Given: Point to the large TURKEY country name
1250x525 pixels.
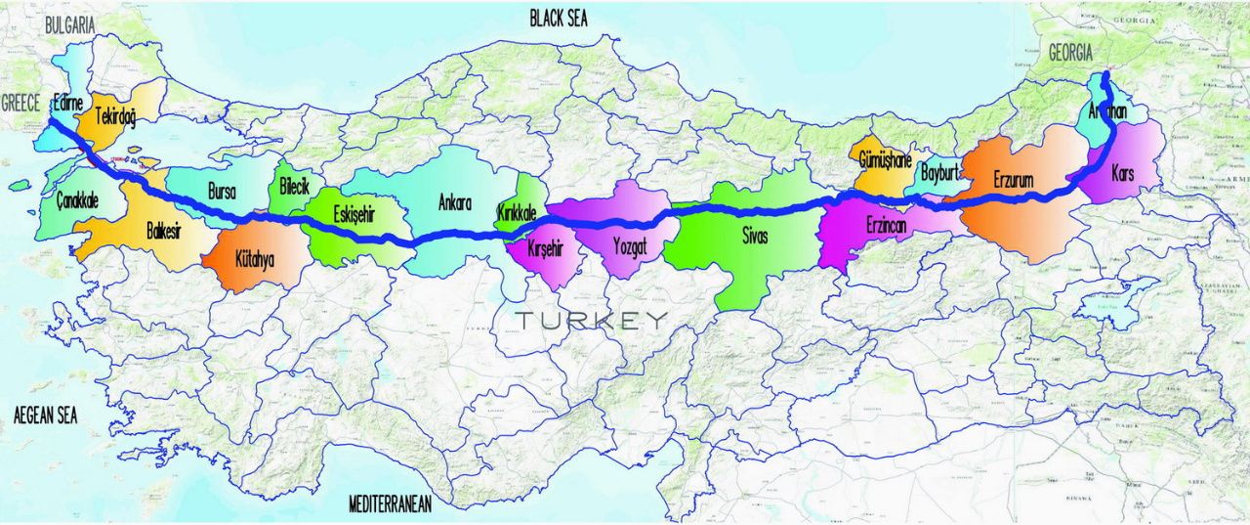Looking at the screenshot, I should point(593,320).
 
